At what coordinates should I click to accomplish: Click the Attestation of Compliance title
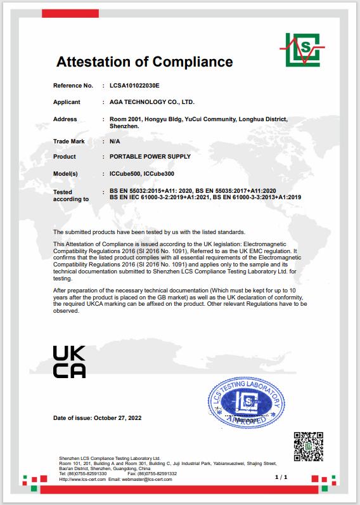click(x=145, y=62)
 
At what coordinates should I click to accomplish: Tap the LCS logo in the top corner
click(x=302, y=48)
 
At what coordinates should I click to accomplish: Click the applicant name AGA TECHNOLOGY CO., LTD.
click(x=148, y=102)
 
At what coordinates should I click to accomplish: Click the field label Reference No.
click(x=73, y=85)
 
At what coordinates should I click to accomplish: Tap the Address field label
click(x=65, y=119)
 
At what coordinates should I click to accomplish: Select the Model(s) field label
click(x=65, y=173)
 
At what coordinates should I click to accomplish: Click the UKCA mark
click(x=68, y=362)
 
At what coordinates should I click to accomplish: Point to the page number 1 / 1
click(x=281, y=476)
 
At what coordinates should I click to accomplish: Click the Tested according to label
click(x=70, y=195)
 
